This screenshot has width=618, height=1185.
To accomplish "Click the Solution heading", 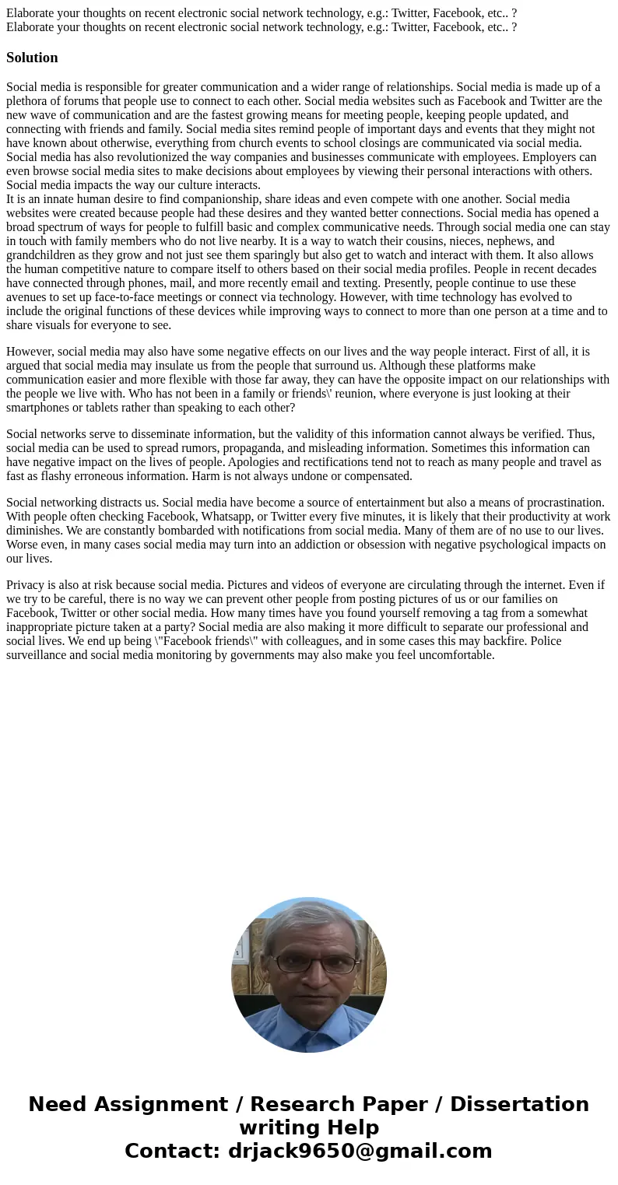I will (x=32, y=58).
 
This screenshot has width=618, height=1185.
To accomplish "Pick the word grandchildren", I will (x=42, y=255).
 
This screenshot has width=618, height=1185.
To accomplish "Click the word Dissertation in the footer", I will (x=519, y=1104).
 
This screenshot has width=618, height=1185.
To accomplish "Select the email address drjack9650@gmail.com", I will (x=360, y=1151).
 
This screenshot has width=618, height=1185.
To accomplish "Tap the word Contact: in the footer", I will (x=172, y=1151).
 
